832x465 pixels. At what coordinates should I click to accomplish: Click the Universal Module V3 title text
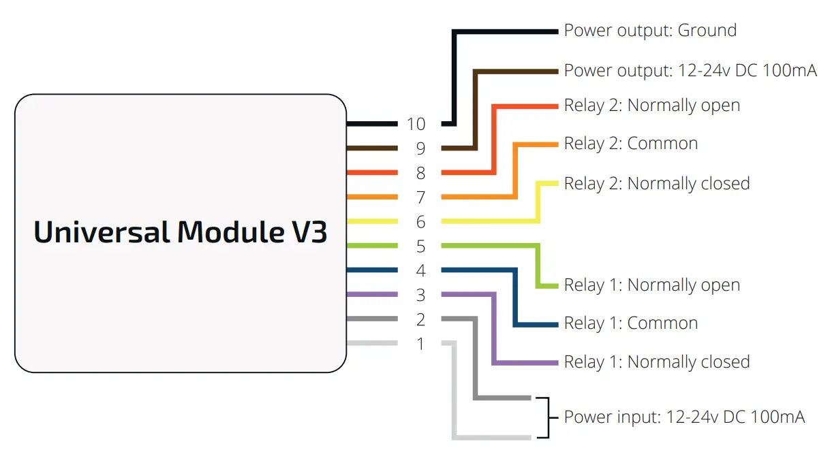tap(181, 233)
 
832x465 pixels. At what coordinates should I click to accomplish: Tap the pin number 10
tap(416, 125)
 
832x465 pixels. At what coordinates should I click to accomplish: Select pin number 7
tap(420, 197)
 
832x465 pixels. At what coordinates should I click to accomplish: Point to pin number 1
tap(420, 344)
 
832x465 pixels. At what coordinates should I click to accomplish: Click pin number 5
tap(420, 246)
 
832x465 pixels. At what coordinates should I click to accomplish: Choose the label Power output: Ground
tap(649, 31)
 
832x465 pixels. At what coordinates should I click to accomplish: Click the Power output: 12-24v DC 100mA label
tap(690, 71)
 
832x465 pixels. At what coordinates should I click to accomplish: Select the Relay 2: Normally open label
tap(651, 106)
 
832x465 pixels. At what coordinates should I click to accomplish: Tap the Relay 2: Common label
tap(630, 144)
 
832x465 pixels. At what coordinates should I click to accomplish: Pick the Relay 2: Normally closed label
tap(656, 184)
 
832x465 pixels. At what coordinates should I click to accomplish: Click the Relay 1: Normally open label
tap(651, 285)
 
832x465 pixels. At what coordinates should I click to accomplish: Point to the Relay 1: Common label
tap(630, 323)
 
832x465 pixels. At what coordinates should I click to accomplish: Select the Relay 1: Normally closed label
tap(656, 362)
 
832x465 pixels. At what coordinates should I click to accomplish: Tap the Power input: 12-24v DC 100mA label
tap(684, 417)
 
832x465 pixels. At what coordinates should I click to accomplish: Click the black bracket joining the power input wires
tap(545, 417)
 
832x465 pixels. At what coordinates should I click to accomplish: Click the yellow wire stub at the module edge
tap(372, 221)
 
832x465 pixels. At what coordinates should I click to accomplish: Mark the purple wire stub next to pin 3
tap(372, 295)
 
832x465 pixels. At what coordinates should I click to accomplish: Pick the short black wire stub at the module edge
tap(372, 124)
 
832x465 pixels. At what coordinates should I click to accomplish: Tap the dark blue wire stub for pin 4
tap(372, 270)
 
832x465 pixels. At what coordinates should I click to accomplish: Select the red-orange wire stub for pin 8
tap(372, 172)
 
